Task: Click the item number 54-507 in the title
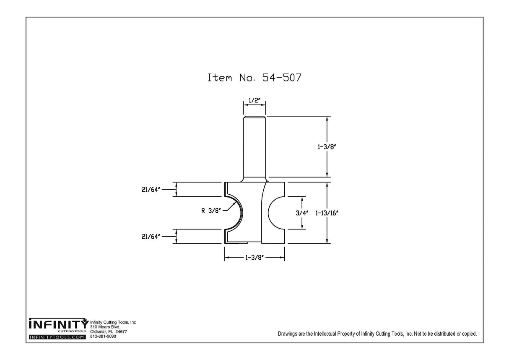tap(282, 78)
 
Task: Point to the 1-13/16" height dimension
tap(327, 213)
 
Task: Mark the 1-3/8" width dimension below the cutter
tap(254, 258)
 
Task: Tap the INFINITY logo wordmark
tap(58, 325)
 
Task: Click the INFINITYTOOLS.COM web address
tap(57, 337)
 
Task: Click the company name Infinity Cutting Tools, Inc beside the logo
tap(113, 322)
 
